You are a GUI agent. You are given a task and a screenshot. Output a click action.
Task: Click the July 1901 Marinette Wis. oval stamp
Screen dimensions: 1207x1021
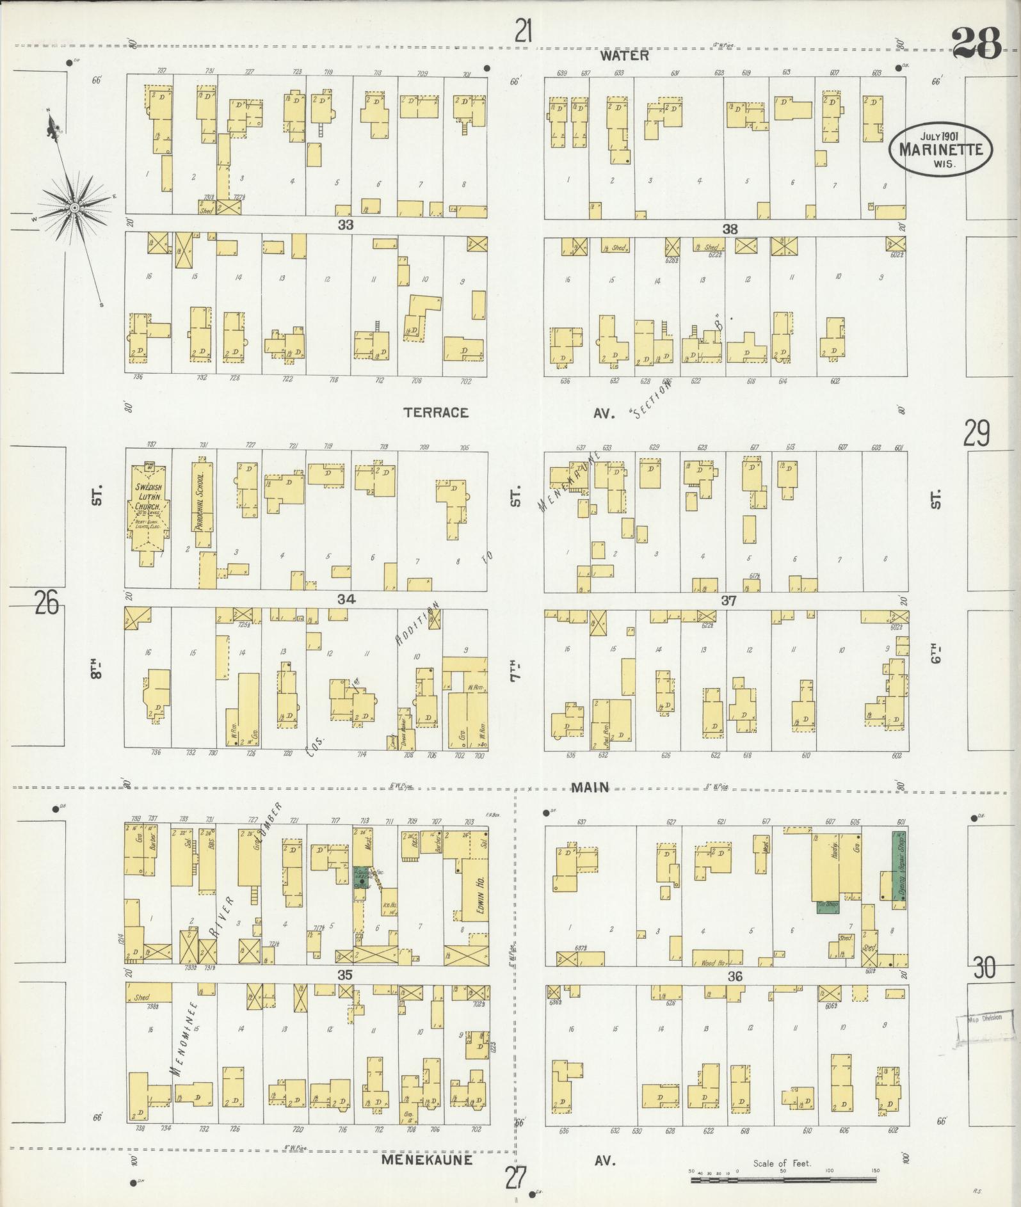coord(940,148)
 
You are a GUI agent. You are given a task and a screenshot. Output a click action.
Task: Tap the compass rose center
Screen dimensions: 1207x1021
coord(75,207)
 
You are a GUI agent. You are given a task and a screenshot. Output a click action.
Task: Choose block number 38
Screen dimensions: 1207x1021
coord(730,228)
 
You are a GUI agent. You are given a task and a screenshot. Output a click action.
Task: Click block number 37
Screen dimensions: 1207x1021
coord(728,600)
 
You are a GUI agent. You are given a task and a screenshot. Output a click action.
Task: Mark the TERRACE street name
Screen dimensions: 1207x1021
coord(436,413)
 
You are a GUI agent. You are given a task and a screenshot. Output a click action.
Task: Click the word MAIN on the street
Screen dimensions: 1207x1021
coord(590,787)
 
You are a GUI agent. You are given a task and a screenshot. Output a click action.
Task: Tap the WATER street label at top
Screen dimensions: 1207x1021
coord(624,56)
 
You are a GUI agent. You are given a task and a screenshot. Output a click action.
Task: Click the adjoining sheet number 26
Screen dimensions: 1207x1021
coord(46,602)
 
